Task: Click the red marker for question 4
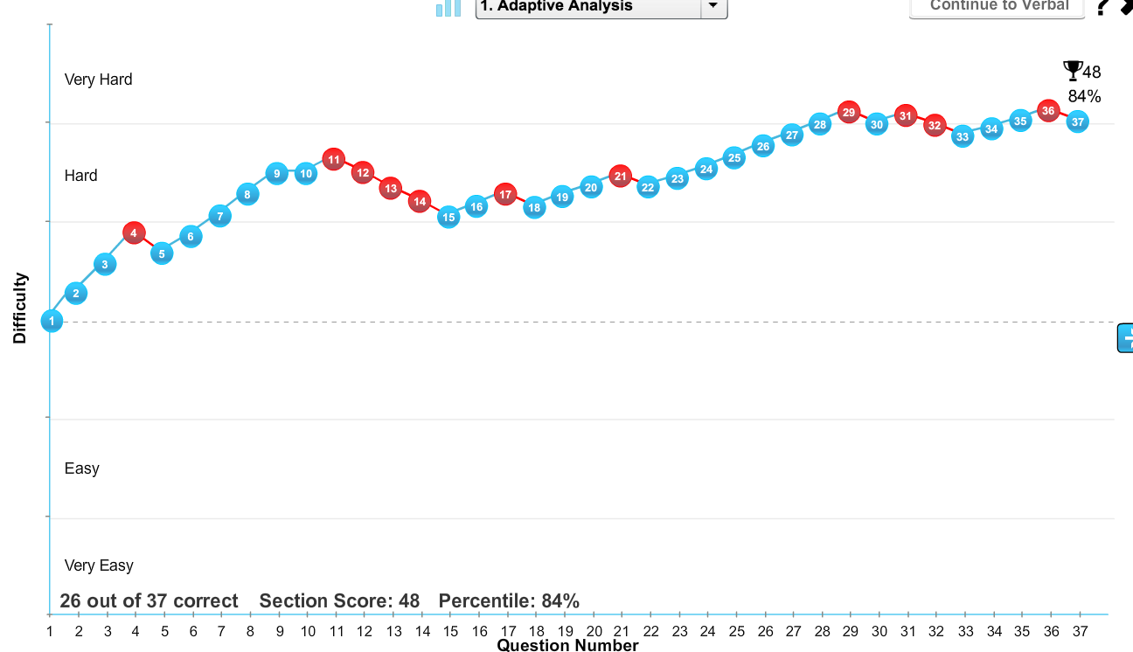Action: tap(134, 232)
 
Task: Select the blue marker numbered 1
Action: tap(52, 321)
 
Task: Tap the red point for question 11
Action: tap(333, 159)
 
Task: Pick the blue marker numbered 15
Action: tap(448, 217)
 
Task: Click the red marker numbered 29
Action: tap(848, 112)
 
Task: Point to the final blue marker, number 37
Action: tap(1078, 121)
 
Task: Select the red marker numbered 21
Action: tap(620, 176)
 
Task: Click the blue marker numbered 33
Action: tap(963, 136)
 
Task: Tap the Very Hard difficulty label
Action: tap(99, 80)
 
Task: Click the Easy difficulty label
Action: tap(82, 468)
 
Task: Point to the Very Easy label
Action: tap(99, 565)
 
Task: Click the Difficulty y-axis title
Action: tap(20, 308)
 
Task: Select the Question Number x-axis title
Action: tap(567, 646)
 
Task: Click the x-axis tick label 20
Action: tap(594, 631)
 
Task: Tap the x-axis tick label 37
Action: tap(1081, 631)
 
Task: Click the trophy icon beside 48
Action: tap(1072, 69)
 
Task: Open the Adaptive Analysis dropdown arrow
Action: tap(713, 6)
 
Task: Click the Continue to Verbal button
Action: tap(997, 6)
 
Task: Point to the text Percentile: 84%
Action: tap(509, 601)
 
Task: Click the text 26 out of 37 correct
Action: tap(149, 601)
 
